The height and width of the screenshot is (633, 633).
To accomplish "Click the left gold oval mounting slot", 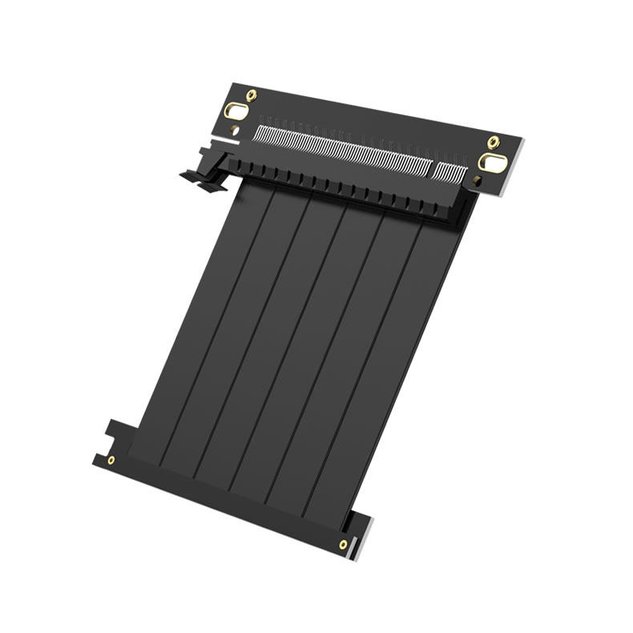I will pos(236,111).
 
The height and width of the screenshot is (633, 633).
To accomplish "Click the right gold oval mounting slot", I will pos(492,163).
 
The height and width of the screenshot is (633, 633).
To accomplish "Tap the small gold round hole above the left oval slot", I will pos(252,95).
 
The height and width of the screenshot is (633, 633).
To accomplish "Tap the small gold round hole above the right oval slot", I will pos(494,142).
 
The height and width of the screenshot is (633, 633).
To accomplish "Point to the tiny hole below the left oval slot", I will pos(233,129).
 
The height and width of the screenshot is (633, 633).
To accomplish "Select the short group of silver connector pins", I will pos(448,171).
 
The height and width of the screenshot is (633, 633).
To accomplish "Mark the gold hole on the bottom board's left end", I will pos(111,460).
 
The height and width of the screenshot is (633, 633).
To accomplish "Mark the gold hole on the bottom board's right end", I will pos(343,544).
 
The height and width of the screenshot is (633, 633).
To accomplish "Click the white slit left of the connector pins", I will pos(224,142).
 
